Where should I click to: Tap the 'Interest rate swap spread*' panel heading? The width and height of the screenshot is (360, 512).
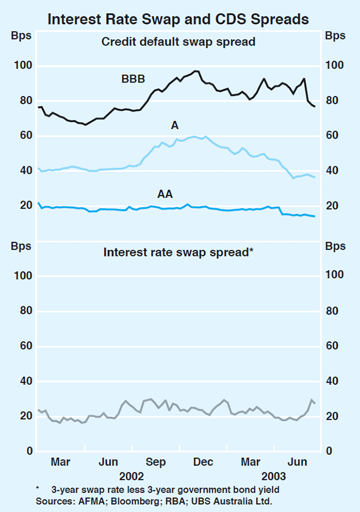[x=179, y=252]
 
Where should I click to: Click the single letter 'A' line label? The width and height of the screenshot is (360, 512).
[x=175, y=125]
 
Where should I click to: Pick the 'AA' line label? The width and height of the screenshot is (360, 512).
[x=166, y=194]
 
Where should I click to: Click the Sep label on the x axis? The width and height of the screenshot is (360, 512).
[x=155, y=462]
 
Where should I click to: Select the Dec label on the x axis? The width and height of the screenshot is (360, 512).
[x=203, y=462]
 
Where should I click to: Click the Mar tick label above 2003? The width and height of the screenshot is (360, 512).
[x=251, y=462]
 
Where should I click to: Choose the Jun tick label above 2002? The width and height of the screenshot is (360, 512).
[x=107, y=462]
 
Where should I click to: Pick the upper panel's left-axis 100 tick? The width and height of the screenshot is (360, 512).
[x=23, y=66]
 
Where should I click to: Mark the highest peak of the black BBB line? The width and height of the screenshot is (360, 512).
[x=196, y=71]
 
